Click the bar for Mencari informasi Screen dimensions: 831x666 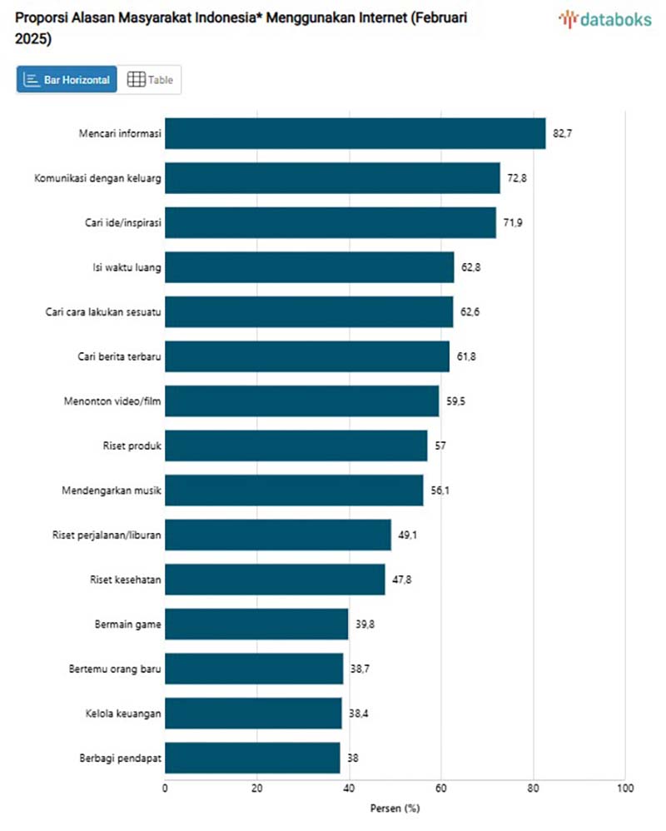click(x=355, y=133)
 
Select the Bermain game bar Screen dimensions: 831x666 click(x=256, y=624)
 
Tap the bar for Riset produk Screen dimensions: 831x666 click(x=296, y=445)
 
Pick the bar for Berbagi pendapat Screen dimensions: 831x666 click(x=252, y=758)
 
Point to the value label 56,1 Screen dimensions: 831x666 click(x=440, y=490)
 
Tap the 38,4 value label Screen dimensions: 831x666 click(x=359, y=714)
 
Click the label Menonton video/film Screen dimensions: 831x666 click(x=112, y=401)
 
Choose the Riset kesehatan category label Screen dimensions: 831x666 click(x=125, y=580)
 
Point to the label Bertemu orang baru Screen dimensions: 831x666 click(x=115, y=669)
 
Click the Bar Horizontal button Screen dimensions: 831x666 click(x=67, y=80)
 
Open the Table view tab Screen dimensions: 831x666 click(x=151, y=80)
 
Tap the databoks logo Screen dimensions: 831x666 click(x=605, y=19)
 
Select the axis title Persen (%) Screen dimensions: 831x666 click(x=395, y=808)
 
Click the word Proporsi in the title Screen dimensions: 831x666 click(x=40, y=17)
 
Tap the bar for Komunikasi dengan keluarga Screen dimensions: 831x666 click(x=332, y=178)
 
